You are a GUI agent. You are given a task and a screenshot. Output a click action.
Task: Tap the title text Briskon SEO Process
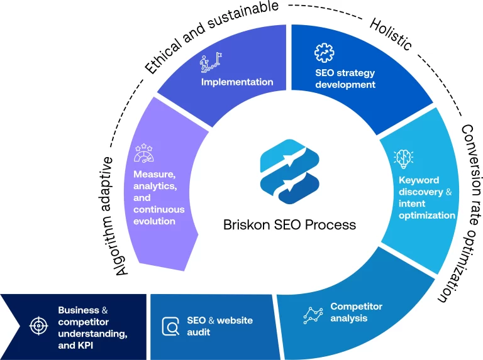289,224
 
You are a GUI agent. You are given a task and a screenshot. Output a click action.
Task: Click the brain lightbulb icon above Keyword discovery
402,158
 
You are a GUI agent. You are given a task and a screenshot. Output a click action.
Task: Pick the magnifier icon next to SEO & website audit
170,326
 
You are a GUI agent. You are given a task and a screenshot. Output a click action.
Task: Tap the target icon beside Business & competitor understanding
39,325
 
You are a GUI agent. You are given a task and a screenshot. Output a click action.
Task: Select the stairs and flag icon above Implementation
209,63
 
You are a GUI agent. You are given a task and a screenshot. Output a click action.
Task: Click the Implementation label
237,82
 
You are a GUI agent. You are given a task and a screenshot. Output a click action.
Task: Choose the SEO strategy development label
345,78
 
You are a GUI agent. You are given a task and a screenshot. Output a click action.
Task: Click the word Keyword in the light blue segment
419,181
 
